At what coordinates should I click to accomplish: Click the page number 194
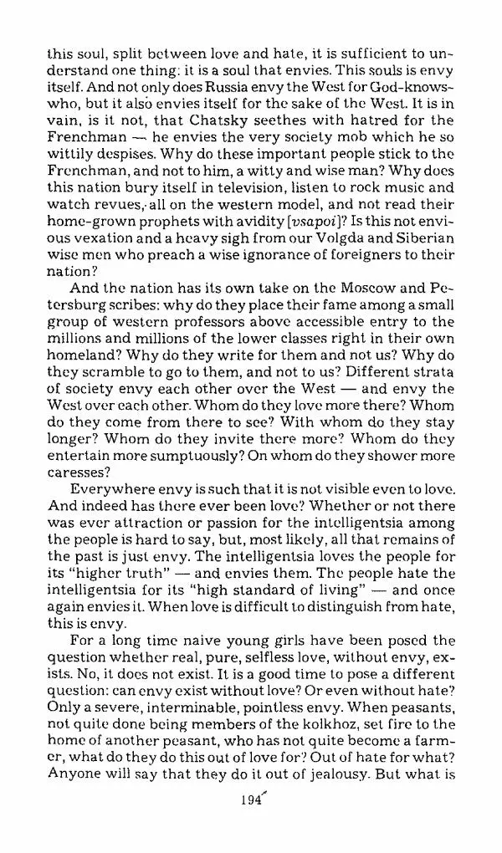coord(248,799)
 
